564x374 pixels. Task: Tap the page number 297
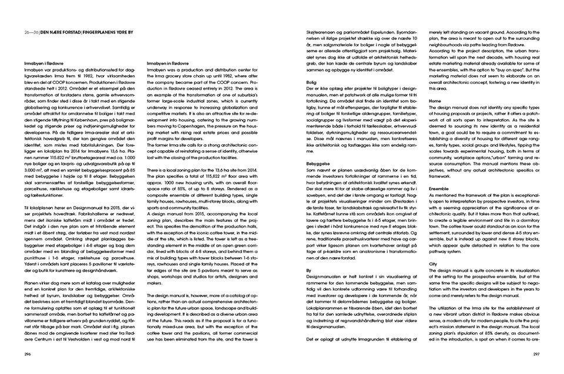[536, 354]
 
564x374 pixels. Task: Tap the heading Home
[435, 101]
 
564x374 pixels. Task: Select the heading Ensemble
[440, 189]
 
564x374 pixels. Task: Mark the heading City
[433, 265]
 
